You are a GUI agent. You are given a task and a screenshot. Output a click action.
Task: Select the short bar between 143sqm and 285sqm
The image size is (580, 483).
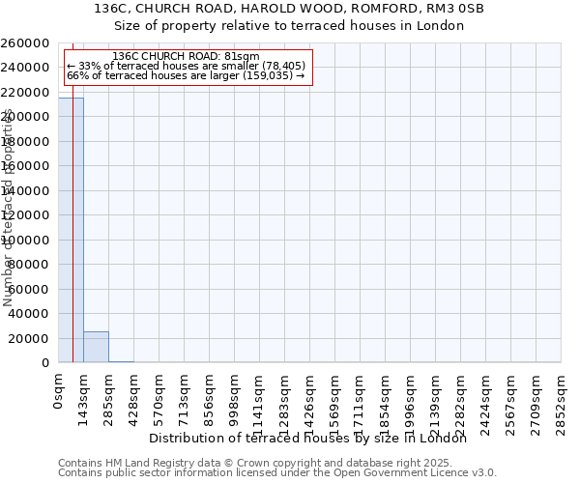coord(96,347)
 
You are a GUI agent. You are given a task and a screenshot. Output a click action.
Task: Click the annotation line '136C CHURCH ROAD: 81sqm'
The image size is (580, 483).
coord(186,57)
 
